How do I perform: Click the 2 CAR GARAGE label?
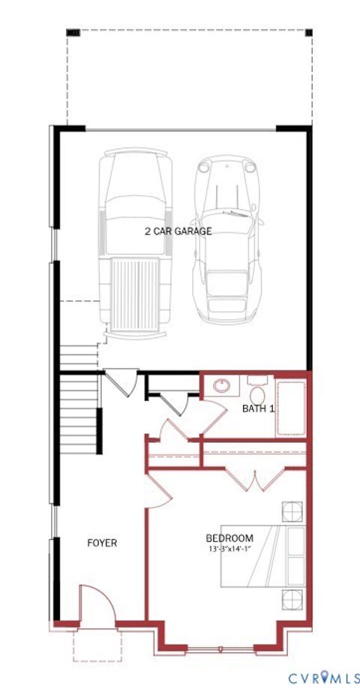[178, 231]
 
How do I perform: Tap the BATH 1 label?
[258, 408]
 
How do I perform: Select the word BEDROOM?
[229, 538]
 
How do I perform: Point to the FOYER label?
[102, 543]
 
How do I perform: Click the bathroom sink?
[221, 388]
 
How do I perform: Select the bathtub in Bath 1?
[290, 408]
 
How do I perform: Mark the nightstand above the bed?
[291, 511]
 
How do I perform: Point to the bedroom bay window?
[220, 647]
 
